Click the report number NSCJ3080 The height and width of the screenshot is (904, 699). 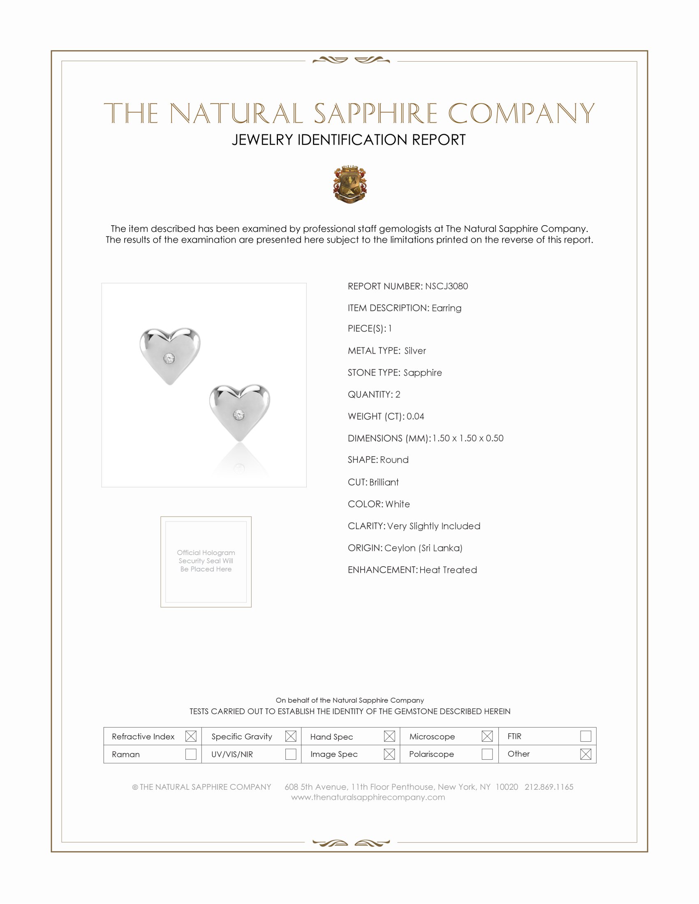click(x=446, y=286)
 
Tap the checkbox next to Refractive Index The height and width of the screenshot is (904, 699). click(x=190, y=736)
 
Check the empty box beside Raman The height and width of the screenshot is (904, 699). click(x=190, y=754)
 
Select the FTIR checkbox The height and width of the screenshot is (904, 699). click(x=586, y=736)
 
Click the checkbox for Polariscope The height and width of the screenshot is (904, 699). click(x=487, y=754)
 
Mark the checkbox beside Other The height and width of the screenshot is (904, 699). click(x=586, y=754)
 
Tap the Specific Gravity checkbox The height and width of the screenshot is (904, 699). click(x=291, y=736)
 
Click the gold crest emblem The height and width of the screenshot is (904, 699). click(x=350, y=184)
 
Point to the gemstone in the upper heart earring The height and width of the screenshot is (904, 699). click(x=169, y=358)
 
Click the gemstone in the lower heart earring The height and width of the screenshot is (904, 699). click(x=238, y=415)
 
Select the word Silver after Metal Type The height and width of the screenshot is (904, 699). click(x=415, y=351)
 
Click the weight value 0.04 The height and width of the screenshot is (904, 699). click(x=415, y=416)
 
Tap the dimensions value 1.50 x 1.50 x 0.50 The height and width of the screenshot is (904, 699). click(x=468, y=438)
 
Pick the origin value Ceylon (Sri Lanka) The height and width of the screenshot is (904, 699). click(x=423, y=548)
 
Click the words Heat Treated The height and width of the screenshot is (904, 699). click(x=448, y=570)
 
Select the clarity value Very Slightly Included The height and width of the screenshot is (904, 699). click(x=433, y=526)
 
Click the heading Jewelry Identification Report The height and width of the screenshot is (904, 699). click(x=349, y=140)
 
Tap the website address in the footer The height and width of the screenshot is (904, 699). click(x=368, y=797)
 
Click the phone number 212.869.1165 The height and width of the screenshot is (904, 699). click(x=549, y=787)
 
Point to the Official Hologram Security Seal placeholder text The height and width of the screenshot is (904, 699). click(x=206, y=561)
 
